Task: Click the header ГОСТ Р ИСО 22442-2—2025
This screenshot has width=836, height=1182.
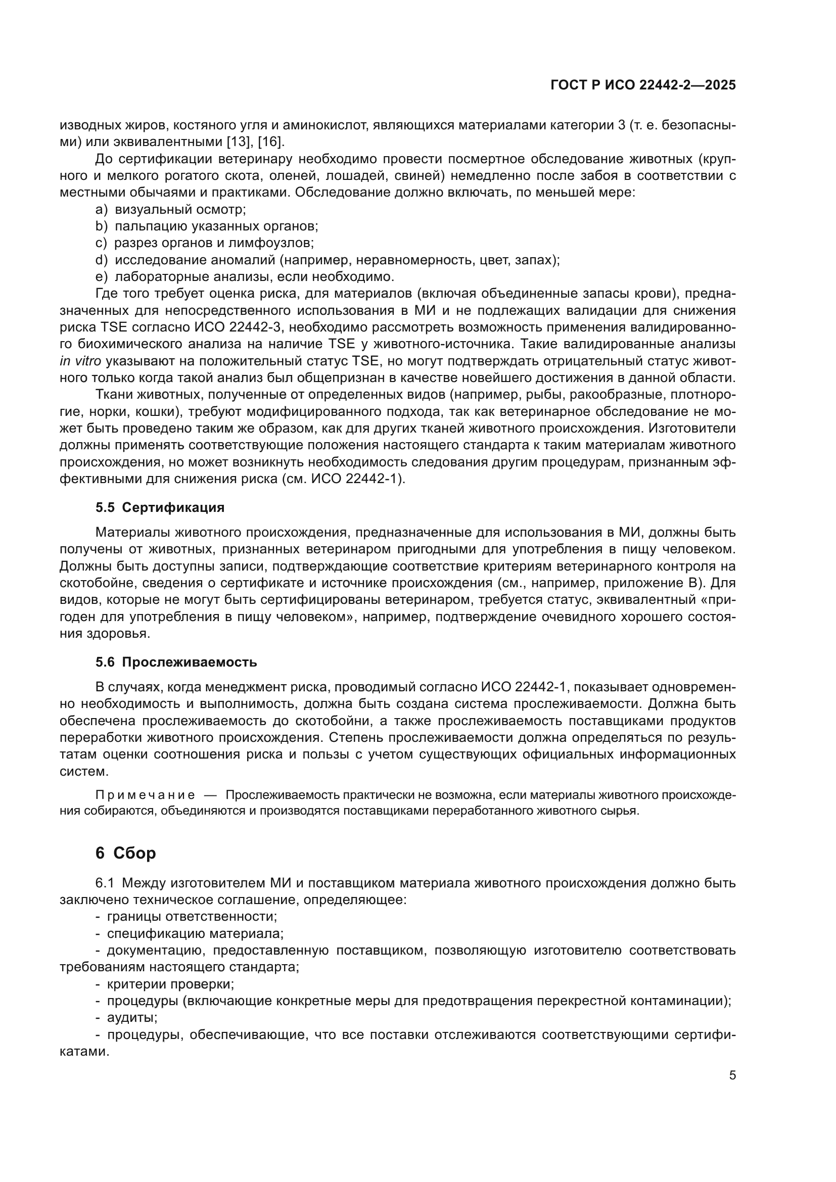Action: coord(643,85)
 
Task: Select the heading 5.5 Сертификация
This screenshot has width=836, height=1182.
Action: coord(160,507)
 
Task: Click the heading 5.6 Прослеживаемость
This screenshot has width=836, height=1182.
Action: coord(176,662)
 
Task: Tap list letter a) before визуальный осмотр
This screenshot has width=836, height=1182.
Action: coord(102,210)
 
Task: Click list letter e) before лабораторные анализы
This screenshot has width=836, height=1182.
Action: coord(102,277)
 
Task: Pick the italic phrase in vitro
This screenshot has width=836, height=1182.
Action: coord(80,361)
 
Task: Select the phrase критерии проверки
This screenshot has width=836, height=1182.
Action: coord(170,984)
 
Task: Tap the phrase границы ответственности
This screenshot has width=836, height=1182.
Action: coord(192,917)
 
